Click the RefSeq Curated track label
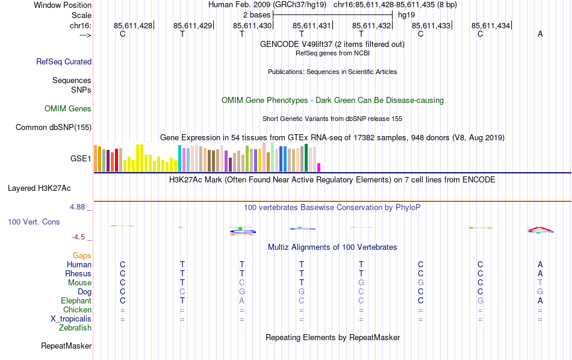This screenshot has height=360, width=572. click(64, 61)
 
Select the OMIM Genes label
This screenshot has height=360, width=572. click(68, 109)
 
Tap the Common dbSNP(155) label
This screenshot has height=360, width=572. click(54, 127)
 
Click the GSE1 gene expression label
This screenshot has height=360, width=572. click(81, 159)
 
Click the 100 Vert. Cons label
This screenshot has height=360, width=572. click(34, 222)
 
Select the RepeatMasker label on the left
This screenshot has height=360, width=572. click(66, 346)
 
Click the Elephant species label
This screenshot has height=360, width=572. click(76, 301)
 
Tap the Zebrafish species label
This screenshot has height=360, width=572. click(75, 328)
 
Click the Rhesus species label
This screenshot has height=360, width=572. click(78, 274)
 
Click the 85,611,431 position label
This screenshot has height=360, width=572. click(312, 26)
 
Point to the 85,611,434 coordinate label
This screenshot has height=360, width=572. click(491, 26)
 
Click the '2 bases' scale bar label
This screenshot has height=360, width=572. click(257, 14)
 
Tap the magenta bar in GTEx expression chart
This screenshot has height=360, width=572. click(319, 167)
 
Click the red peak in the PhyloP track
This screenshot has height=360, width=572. click(540, 228)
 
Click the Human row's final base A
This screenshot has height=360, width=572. click(540, 265)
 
